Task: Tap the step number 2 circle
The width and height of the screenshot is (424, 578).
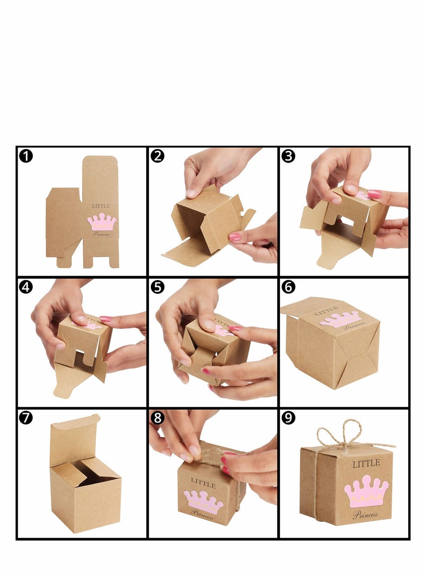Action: click(x=157, y=156)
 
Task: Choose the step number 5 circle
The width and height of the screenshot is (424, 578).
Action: click(x=157, y=287)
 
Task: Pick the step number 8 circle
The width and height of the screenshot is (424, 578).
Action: click(x=157, y=417)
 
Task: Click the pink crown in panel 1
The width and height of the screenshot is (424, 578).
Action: click(x=102, y=222)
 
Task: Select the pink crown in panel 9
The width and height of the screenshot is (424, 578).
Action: click(x=366, y=491)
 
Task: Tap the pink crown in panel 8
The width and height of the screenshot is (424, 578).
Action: click(x=203, y=501)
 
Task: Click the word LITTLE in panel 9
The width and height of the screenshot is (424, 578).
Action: click(x=366, y=464)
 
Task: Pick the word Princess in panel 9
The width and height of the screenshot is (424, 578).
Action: click(x=365, y=514)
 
